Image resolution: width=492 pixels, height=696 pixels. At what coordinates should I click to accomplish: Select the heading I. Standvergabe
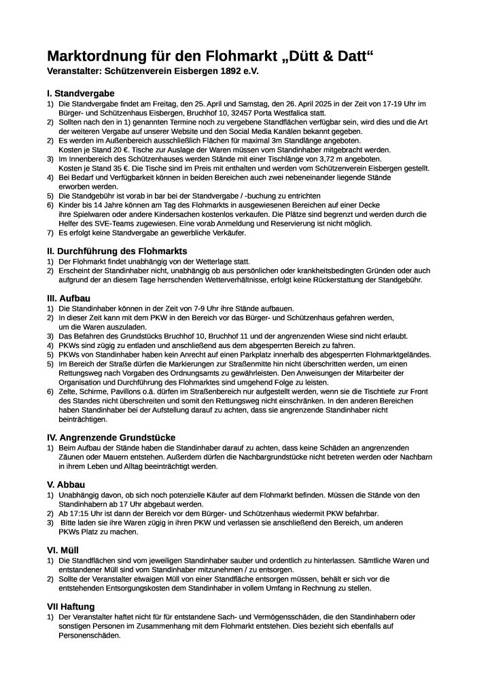point(80,93)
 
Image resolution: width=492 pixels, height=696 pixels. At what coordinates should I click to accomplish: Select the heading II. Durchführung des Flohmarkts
point(116,251)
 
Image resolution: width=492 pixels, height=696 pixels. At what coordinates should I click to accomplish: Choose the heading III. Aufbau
point(69,298)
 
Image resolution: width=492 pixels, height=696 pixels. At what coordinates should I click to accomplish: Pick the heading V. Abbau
point(66,484)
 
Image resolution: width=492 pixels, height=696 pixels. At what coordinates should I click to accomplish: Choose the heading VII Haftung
point(71,606)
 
